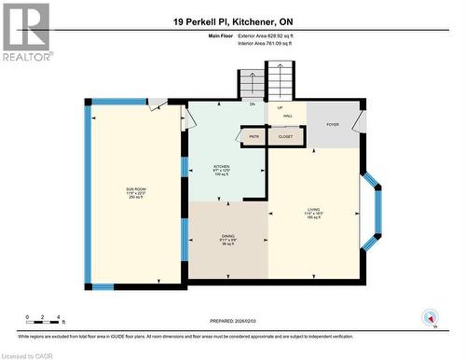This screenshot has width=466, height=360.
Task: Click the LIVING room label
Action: pos(313,212)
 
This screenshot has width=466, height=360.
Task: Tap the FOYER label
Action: pos(332,124)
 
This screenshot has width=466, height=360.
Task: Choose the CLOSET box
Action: pos(285,136)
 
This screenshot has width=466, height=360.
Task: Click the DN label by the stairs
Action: pos(252,104)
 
